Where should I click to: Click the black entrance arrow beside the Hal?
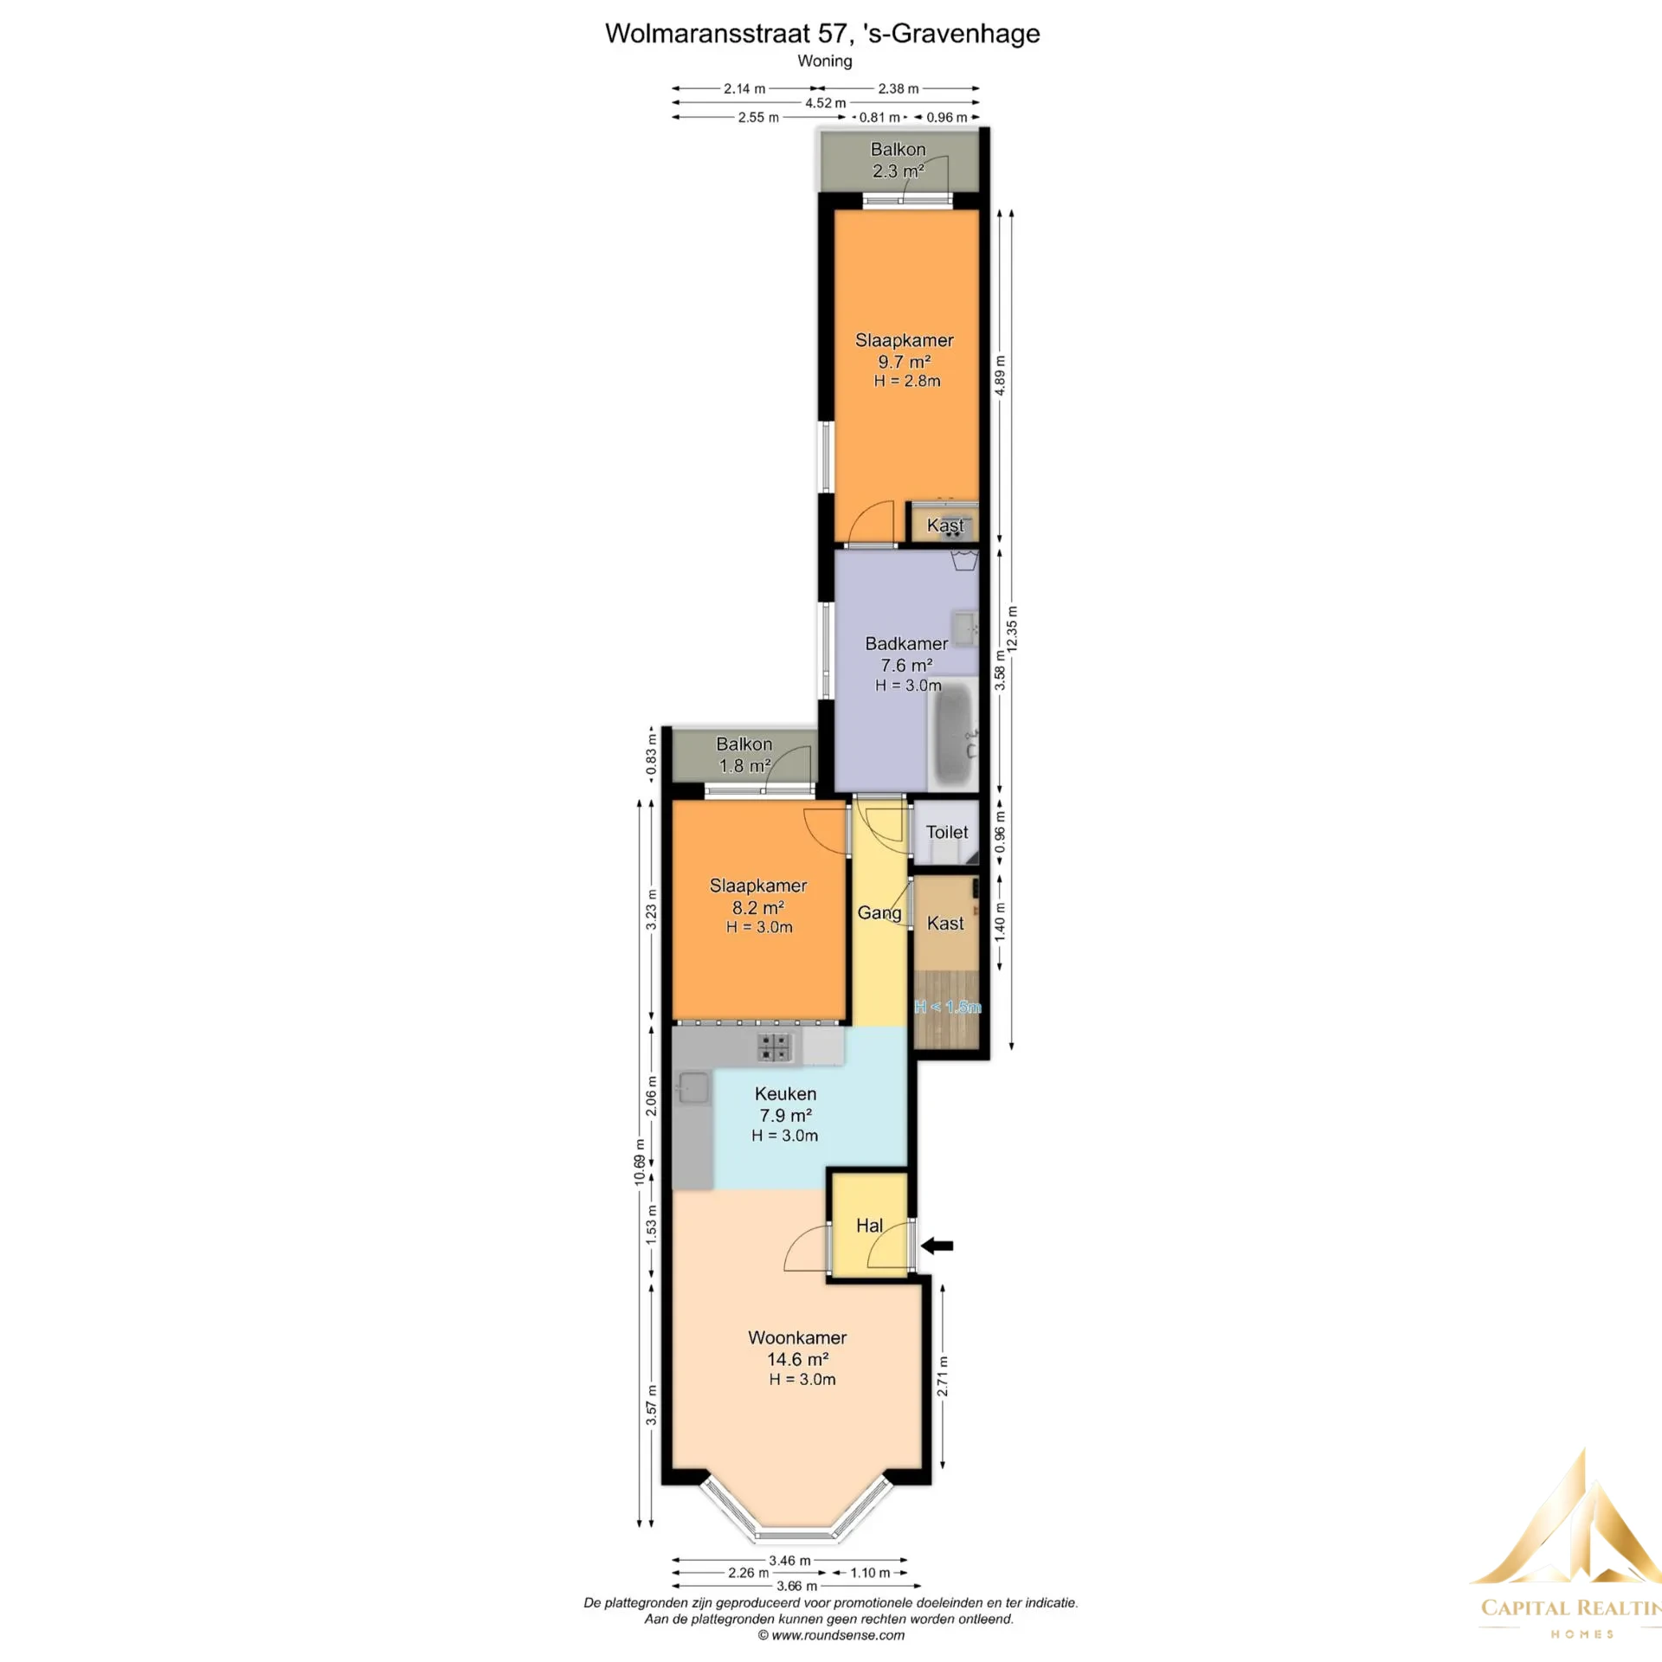[937, 1246]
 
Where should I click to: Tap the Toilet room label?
[947, 832]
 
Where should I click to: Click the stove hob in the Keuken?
[774, 1047]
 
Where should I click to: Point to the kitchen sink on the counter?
[693, 1087]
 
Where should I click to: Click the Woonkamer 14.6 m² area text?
[797, 1359]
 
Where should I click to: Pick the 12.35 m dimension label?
[1012, 630]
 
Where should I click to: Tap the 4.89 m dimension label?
[1000, 376]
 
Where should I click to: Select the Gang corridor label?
[879, 913]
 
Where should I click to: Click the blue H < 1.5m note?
[948, 1007]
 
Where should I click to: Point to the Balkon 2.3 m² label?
[899, 160]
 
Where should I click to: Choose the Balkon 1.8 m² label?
[744, 755]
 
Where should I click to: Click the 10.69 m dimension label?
[639, 1162]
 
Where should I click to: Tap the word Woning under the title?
[825, 61]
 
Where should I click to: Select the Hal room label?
[869, 1226]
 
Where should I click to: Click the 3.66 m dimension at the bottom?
[796, 1587]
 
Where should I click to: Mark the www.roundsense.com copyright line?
[831, 1635]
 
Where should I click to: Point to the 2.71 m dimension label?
[943, 1376]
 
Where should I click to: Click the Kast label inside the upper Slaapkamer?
[945, 525]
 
